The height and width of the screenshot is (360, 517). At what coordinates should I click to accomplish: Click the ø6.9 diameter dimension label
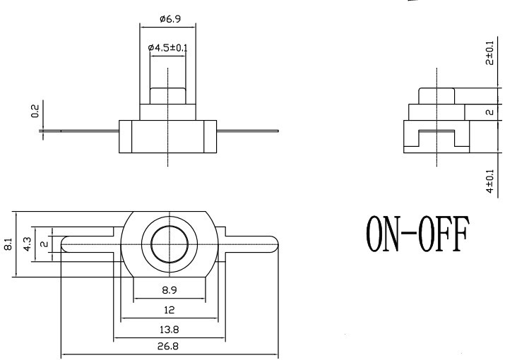click(170, 19)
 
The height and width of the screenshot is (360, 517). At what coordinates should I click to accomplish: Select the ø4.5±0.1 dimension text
click(167, 48)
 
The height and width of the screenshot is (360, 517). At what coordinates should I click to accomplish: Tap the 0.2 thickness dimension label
click(35, 111)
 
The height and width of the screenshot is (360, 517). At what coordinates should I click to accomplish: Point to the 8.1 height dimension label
click(8, 244)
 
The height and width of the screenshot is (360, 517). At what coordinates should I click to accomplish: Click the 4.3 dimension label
click(28, 244)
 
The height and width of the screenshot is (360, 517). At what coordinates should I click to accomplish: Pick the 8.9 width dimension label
click(170, 290)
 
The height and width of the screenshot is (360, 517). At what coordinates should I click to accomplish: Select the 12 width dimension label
click(169, 310)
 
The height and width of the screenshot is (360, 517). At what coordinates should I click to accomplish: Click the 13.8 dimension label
click(169, 330)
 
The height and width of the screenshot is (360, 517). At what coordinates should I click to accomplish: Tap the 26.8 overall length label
click(168, 346)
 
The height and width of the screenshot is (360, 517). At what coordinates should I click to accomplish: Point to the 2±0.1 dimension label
click(490, 53)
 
